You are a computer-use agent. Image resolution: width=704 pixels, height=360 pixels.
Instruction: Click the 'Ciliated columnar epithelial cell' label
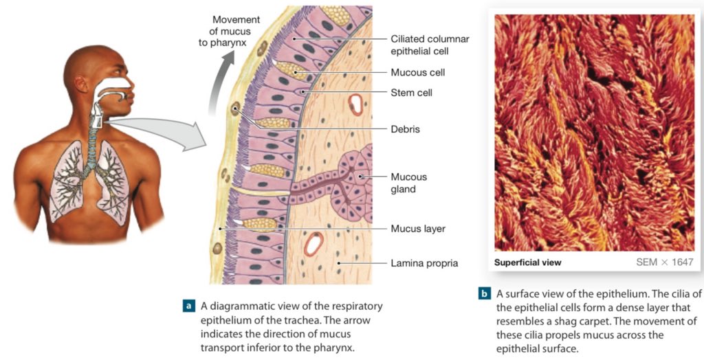coord(430,45)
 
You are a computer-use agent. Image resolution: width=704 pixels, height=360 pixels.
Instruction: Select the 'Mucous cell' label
coord(417,72)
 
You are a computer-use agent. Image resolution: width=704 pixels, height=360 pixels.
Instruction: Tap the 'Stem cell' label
coord(411,92)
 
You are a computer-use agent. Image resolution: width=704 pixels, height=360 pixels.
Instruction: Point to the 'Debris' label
coord(405,128)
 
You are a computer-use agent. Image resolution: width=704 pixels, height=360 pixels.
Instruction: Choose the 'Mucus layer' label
coord(418,228)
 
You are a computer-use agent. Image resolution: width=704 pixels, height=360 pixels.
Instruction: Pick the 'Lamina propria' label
coord(424,262)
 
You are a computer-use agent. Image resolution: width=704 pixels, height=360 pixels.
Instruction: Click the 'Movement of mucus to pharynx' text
coord(232,30)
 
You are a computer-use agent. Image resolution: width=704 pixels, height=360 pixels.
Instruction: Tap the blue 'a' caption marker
coord(188,305)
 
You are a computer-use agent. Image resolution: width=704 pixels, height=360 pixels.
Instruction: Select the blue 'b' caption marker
coord(484,294)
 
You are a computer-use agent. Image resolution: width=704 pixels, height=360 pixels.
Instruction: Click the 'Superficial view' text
coord(527,262)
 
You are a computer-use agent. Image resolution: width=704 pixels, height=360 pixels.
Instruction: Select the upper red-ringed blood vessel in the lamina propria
coord(356,104)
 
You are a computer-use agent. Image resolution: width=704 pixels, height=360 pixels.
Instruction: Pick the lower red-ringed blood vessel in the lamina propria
coord(315,243)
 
